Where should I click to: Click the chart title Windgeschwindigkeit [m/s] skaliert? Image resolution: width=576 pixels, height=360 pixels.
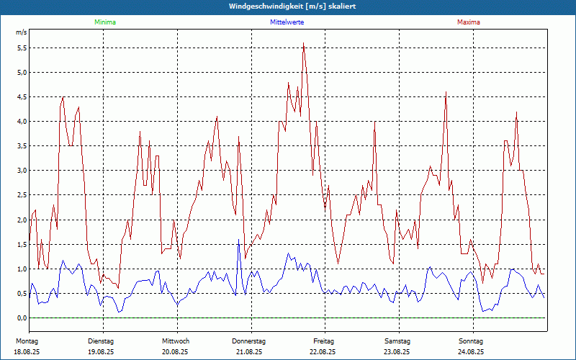[x=292, y=6]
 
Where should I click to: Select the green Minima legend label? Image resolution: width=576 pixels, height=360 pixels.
[x=104, y=22]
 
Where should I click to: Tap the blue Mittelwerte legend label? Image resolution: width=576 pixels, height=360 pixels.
[x=287, y=22]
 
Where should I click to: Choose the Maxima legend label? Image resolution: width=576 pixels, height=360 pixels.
[x=468, y=22]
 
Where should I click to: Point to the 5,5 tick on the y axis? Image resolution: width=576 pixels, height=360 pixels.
[x=22, y=48]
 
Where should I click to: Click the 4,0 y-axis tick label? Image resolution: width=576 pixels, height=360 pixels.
[x=22, y=122]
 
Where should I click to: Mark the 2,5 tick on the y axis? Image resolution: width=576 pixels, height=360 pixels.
[x=22, y=195]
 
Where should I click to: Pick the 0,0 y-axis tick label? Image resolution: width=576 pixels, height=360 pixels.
[x=22, y=318]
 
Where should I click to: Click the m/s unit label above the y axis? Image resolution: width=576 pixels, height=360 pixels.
[x=21, y=33]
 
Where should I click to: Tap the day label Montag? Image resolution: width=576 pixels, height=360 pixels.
[x=27, y=341]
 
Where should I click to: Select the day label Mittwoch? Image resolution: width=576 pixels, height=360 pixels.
[x=176, y=341]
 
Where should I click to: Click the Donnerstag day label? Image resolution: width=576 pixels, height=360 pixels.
[x=249, y=341]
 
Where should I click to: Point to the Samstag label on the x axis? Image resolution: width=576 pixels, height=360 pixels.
[x=397, y=341]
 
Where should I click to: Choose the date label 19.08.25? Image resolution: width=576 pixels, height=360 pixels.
[x=102, y=352]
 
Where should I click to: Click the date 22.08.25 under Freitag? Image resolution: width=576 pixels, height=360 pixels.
[x=323, y=352]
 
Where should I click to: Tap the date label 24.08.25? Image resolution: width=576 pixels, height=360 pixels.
[x=471, y=352]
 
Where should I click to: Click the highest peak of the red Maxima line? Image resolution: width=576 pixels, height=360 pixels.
[x=304, y=43]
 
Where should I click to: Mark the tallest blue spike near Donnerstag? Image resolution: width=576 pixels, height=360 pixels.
[x=238, y=240]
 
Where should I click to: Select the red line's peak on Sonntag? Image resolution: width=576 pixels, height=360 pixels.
[x=517, y=112]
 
